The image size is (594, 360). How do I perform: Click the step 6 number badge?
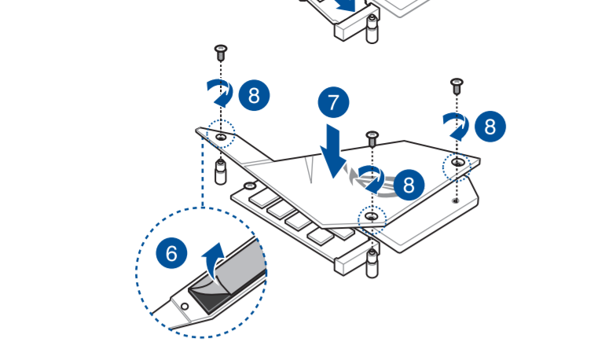[x=171, y=253]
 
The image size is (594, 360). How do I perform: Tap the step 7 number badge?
[x=333, y=102]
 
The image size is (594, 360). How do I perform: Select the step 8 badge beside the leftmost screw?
[x=255, y=95]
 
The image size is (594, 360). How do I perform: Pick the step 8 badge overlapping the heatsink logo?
[x=409, y=185]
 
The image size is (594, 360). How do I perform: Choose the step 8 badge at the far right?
[x=490, y=127]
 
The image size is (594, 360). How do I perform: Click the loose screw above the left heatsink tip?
[x=221, y=53]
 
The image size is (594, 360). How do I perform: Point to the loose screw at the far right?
[x=456, y=86]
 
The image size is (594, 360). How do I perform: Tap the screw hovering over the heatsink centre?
[x=372, y=139]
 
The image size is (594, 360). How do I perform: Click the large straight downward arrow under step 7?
[x=333, y=151]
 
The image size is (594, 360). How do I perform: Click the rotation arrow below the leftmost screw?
[x=221, y=93]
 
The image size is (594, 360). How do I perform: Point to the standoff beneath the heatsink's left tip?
[x=221, y=172]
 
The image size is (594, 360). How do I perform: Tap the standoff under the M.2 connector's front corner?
[x=372, y=264]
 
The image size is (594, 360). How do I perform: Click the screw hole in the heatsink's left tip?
[x=222, y=137]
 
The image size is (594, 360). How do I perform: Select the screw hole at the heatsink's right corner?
[x=458, y=163]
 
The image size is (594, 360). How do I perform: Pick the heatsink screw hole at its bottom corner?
[x=372, y=216]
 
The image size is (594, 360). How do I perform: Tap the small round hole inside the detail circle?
[x=185, y=307]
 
